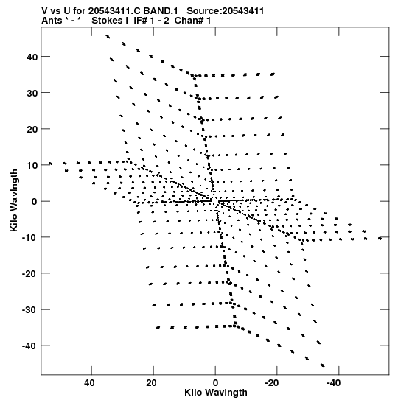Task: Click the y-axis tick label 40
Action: point(32,57)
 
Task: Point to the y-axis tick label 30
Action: point(32,93)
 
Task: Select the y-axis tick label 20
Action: point(32,129)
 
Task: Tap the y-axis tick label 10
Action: point(32,165)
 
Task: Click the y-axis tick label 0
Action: point(35,202)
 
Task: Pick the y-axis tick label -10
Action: point(29,237)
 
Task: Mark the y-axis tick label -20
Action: point(29,274)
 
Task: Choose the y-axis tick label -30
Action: point(29,310)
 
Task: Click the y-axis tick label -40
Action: point(29,346)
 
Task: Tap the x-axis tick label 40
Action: point(89,383)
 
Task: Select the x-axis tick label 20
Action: point(151,383)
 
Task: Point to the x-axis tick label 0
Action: point(215,383)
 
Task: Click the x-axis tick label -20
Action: point(272,383)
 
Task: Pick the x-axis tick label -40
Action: point(334,383)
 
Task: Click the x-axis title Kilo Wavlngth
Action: point(216,393)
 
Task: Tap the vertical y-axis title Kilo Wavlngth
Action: point(14,200)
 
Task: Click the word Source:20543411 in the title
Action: point(226,11)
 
